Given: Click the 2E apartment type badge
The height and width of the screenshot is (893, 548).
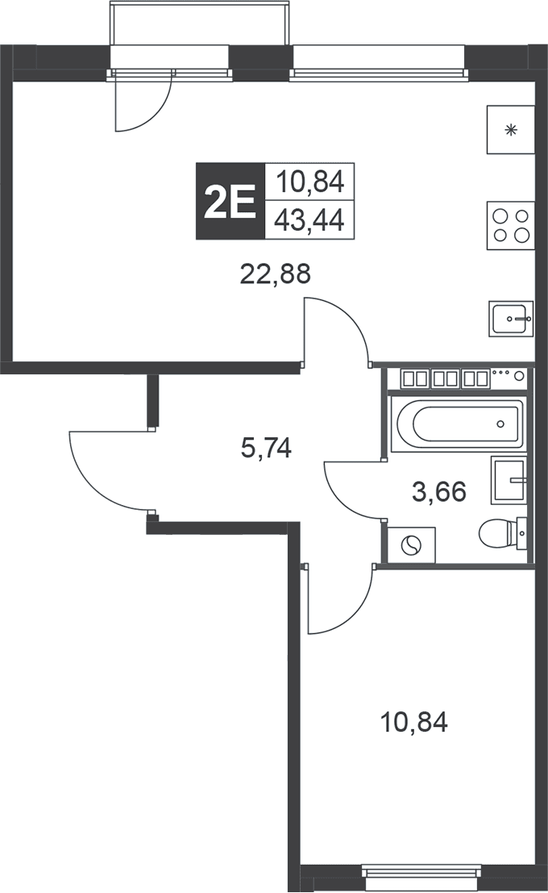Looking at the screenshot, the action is pyautogui.click(x=230, y=201).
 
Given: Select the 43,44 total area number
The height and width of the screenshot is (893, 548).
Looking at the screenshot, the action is pyautogui.click(x=309, y=220).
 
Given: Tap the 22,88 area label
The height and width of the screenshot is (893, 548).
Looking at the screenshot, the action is pyautogui.click(x=276, y=274).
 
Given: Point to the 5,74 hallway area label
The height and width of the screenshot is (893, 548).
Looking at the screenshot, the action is pyautogui.click(x=266, y=448).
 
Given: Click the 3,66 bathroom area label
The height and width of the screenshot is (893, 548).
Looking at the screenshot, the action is pyautogui.click(x=439, y=491).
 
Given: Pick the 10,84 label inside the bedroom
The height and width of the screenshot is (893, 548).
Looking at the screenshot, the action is pyautogui.click(x=413, y=722).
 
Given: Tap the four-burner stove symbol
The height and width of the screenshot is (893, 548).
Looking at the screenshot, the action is pyautogui.click(x=510, y=226).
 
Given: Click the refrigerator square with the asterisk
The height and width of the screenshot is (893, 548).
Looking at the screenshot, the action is pyautogui.click(x=510, y=129).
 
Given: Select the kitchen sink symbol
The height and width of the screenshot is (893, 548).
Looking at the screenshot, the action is pyautogui.click(x=510, y=319).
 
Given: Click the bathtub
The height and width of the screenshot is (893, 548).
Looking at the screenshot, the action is pyautogui.click(x=457, y=424).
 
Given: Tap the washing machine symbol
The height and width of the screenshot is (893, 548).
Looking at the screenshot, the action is pyautogui.click(x=412, y=546).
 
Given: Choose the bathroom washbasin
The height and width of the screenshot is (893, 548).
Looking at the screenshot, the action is pyautogui.click(x=509, y=480).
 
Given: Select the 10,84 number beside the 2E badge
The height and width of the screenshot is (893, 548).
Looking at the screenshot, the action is pyautogui.click(x=310, y=182).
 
